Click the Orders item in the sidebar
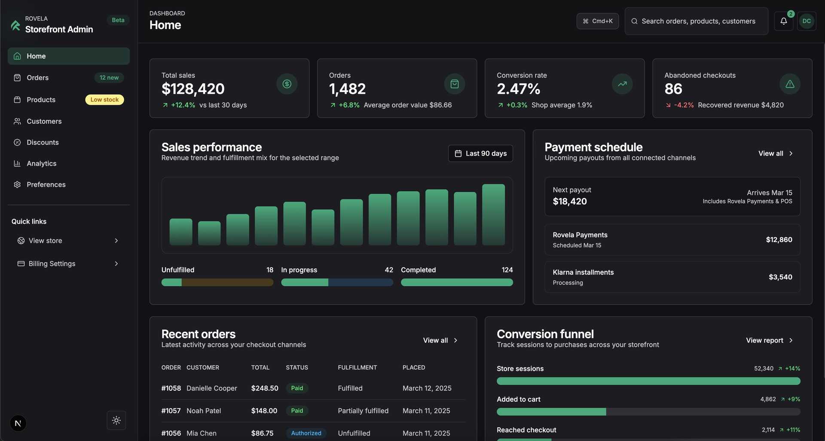(x=38, y=78)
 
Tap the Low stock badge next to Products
(x=104, y=100)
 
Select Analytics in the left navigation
(x=41, y=163)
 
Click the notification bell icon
(x=783, y=21)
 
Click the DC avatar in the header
(x=807, y=21)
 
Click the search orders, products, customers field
(x=698, y=21)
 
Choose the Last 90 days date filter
(x=480, y=153)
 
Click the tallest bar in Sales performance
(x=493, y=215)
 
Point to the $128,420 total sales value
(x=193, y=89)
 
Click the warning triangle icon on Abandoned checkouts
(x=790, y=84)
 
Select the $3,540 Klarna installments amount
(x=780, y=277)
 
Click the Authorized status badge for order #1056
(x=306, y=433)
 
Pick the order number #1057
(x=171, y=411)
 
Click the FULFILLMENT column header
(x=357, y=367)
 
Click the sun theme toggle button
(x=116, y=420)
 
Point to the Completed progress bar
(x=457, y=282)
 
